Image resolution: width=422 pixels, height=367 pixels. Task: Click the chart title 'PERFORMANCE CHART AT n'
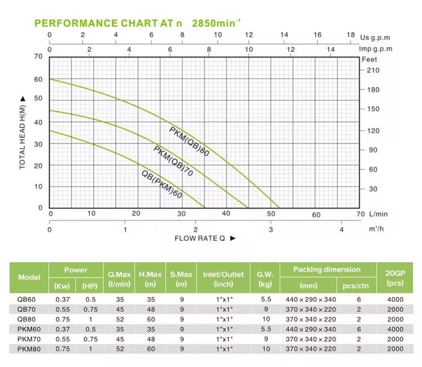109,24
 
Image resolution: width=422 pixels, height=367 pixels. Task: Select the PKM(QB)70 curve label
173,161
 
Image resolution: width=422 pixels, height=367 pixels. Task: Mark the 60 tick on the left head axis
39,79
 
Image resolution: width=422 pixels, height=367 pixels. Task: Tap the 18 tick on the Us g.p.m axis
351,35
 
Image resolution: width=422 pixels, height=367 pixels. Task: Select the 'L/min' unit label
378,214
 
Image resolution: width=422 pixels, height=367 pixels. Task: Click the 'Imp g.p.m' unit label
375,49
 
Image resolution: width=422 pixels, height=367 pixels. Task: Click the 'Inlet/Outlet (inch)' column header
223,279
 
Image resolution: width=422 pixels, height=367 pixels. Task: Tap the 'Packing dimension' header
326,270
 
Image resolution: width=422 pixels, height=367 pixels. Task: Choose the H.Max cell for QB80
146,319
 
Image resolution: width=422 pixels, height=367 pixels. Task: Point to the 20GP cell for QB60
395,299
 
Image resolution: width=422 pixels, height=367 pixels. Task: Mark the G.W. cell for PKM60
265,329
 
